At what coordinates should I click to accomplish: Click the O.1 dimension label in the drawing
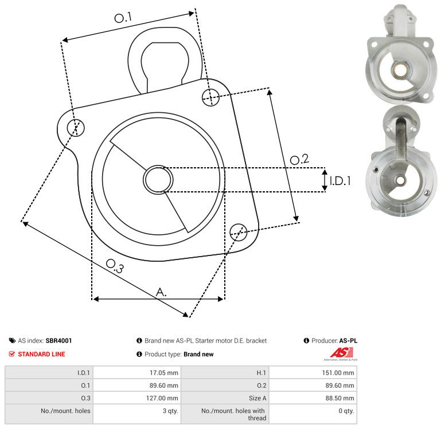coord(123,17)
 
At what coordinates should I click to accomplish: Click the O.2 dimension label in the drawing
coord(299,159)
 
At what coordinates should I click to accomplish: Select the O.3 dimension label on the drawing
coord(115,266)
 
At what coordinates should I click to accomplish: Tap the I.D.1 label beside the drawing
coord(340,181)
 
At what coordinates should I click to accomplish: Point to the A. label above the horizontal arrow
coord(161,292)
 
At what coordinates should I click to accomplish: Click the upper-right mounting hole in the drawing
coord(210,97)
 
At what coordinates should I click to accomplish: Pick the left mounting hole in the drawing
coord(76,128)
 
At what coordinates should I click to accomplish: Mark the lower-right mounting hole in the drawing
coord(239,232)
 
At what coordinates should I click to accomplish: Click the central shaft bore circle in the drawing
coord(158,179)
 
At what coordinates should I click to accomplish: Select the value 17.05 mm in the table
coord(163,372)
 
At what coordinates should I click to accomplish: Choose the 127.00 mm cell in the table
coord(162,398)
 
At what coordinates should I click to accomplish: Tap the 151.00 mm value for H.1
coord(338,372)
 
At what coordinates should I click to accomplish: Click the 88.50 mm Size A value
coord(339,398)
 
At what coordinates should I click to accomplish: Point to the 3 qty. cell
coord(170,411)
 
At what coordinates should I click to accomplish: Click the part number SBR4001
coord(59,340)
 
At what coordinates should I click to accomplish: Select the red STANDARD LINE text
coord(41,354)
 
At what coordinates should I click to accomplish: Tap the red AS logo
coord(341,353)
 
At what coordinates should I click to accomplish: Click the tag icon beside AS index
coord(12,340)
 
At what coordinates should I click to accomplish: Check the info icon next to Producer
coord(306,340)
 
